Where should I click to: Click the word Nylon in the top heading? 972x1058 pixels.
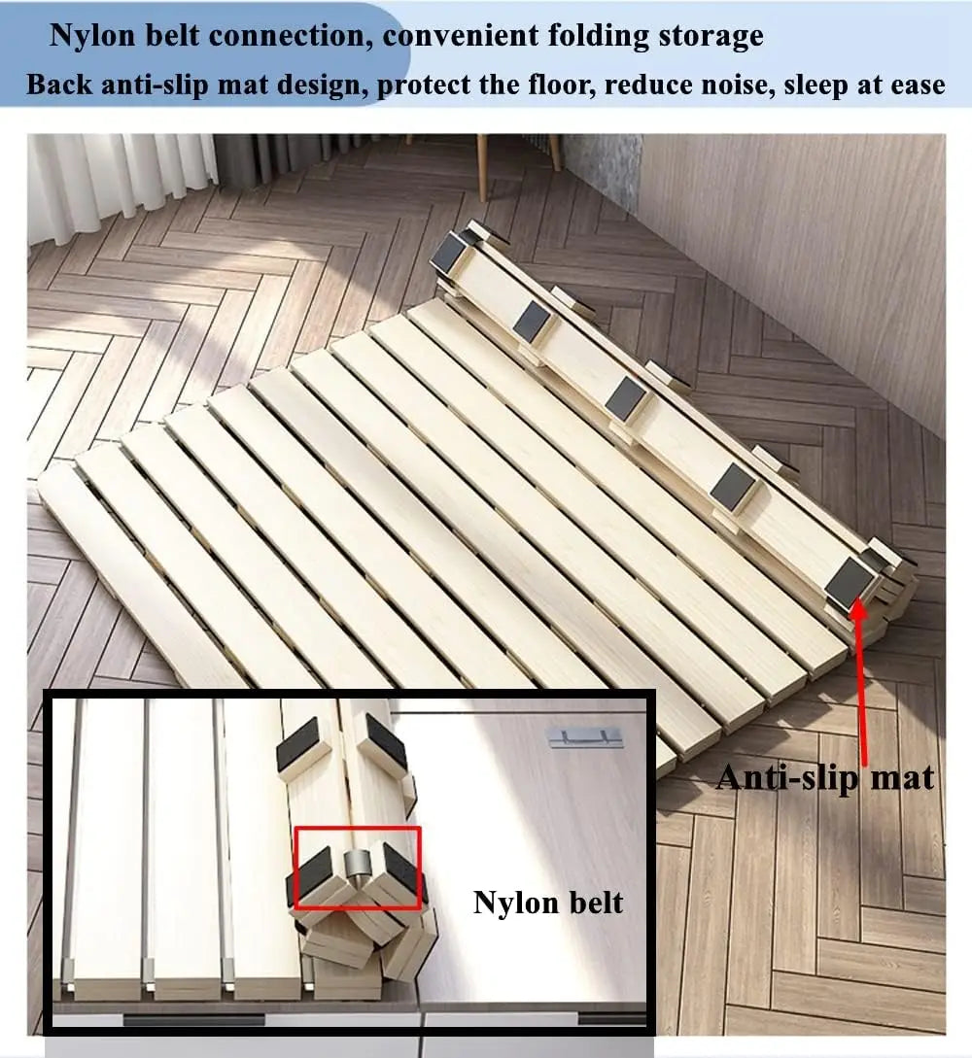[93, 36]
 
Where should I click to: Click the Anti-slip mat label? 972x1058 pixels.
[825, 777]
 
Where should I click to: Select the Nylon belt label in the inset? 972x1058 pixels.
[548, 903]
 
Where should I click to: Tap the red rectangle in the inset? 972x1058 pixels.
[357, 868]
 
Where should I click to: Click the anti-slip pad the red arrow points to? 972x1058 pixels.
[850, 580]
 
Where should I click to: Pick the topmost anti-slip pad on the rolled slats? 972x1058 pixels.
[449, 254]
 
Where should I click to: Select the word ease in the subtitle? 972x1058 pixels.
[912, 85]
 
